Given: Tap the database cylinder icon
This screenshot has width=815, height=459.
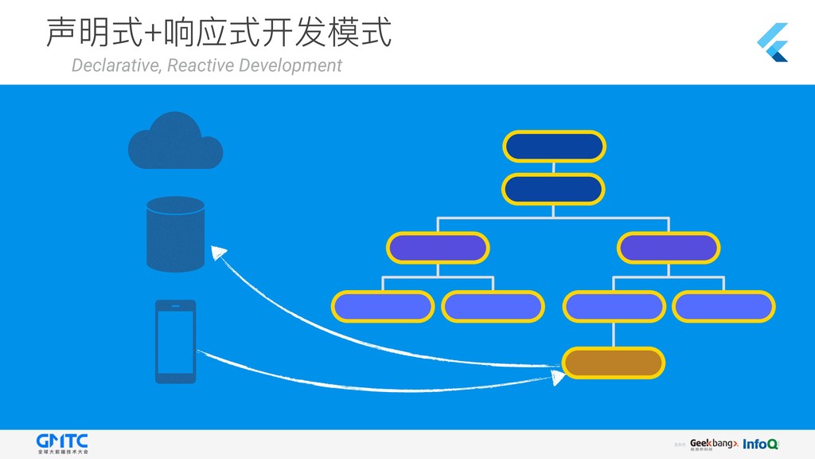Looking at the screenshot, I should (175, 233).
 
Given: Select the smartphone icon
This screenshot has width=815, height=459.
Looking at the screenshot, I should (175, 341).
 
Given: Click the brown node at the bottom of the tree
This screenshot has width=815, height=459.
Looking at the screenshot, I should (613, 363).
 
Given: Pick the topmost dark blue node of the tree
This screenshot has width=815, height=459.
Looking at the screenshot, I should (554, 146).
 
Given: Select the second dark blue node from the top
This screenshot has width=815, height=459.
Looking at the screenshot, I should (554, 189).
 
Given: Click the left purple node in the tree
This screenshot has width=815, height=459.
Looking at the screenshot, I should (437, 248).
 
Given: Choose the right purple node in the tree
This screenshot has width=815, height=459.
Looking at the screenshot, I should (669, 248).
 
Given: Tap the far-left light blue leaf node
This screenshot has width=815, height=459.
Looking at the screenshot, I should (382, 306).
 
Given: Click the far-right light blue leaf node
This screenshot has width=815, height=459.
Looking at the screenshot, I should (723, 306).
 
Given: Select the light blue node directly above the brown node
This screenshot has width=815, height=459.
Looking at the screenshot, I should (613, 306).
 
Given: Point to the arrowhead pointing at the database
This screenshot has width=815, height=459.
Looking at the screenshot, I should (218, 253).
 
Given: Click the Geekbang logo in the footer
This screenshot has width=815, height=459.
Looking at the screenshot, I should (714, 445).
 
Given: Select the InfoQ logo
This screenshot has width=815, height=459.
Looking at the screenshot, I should (761, 445).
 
